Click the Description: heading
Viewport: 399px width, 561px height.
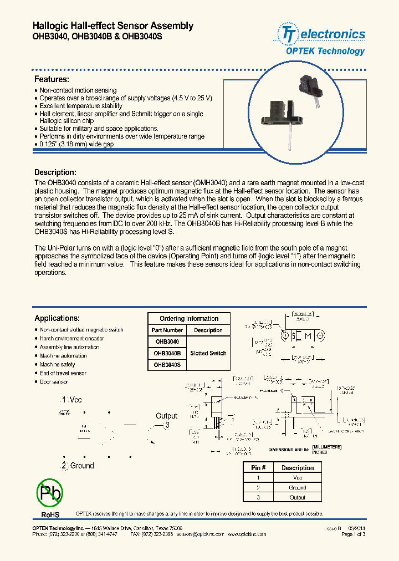pyautogui.click(x=55, y=172)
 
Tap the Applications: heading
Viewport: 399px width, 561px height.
pyautogui.click(x=57, y=318)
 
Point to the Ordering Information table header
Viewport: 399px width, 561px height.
pyautogui.click(x=189, y=319)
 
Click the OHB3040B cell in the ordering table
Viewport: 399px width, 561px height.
pyautogui.click(x=167, y=353)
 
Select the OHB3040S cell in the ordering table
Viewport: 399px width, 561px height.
pyautogui.click(x=167, y=365)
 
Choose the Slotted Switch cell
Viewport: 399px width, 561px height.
pyautogui.click(x=208, y=353)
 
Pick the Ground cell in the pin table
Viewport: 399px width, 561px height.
pyautogui.click(x=297, y=488)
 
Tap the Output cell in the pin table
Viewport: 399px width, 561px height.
pyautogui.click(x=297, y=498)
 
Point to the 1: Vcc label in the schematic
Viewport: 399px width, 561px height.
pyautogui.click(x=73, y=399)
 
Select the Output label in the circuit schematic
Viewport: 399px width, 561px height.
pyautogui.click(x=166, y=416)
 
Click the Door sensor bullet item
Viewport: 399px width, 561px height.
pyautogui.click(x=54, y=382)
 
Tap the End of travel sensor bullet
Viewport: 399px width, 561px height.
pyautogui.click(x=63, y=373)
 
